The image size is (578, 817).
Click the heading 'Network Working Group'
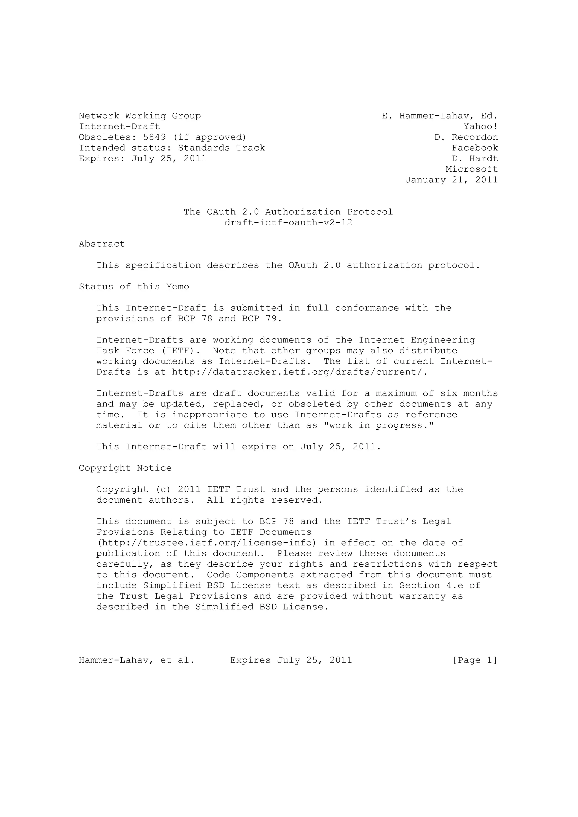140,116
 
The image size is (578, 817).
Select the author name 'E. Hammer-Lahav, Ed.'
439,116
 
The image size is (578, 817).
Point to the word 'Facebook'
475,148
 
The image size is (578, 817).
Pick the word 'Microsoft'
472,169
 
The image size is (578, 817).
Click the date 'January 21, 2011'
451,180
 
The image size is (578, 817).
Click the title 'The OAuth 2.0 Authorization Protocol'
288,212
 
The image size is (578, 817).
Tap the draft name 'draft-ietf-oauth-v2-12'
288,223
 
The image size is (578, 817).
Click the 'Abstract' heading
102,244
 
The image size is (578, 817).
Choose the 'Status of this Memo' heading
134,287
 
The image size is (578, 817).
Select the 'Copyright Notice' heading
125,468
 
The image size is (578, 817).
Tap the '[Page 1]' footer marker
474,661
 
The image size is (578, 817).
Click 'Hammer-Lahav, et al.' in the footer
136,661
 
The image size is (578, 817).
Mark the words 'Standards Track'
221,148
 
